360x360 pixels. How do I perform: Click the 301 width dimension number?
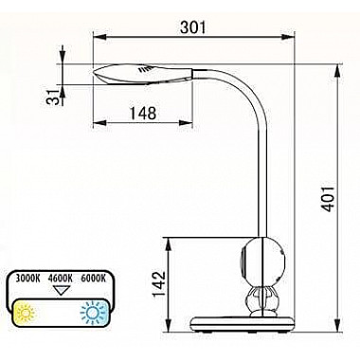[192, 27]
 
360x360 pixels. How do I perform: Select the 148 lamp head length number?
[143, 113]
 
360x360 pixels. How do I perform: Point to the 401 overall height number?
[328, 199]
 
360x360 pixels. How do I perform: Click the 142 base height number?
[159, 283]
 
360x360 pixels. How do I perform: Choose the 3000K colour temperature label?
[28, 279]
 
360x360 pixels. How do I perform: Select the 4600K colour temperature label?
[61, 279]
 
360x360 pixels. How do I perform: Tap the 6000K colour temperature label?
[93, 279]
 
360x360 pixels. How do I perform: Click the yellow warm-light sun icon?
[26, 313]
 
